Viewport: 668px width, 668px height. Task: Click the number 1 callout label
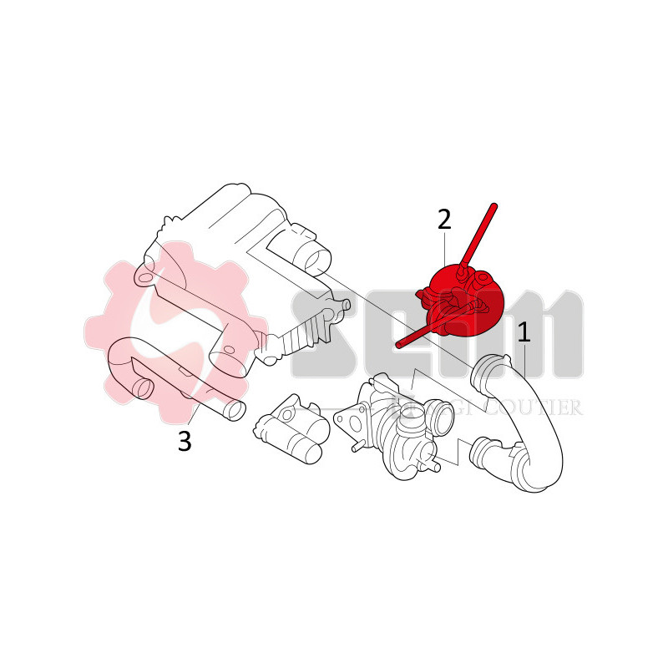(524, 333)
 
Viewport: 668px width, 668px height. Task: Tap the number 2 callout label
(444, 220)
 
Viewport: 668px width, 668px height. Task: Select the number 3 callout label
(185, 440)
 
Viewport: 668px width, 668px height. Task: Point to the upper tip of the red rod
(493, 205)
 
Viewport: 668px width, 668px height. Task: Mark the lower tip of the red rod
(398, 343)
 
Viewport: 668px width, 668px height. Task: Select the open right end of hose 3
(236, 410)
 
